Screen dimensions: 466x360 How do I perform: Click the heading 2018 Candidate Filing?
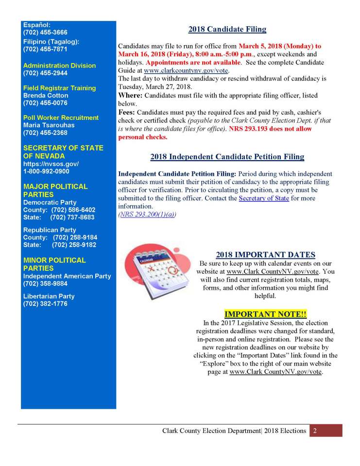[x=227, y=29]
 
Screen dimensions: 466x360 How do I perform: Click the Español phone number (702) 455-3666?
[x=45, y=33]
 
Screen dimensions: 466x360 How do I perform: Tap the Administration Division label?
[x=59, y=66]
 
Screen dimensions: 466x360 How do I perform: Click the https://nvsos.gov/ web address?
[x=51, y=164]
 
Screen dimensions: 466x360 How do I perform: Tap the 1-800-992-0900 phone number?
[x=46, y=171]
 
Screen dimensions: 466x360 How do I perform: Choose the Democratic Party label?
[x=50, y=202]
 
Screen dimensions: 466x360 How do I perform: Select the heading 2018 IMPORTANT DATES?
[x=265, y=255]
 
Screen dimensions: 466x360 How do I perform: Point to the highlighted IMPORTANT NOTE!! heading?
[x=265, y=314]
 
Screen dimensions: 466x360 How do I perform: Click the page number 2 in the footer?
[x=315, y=431]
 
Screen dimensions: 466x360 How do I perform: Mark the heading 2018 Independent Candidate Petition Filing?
[x=227, y=157]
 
